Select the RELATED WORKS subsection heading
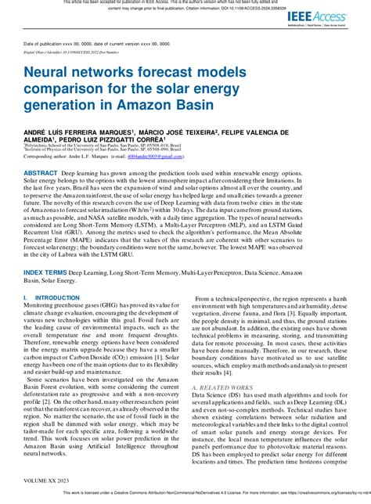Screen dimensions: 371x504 click(229, 387)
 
